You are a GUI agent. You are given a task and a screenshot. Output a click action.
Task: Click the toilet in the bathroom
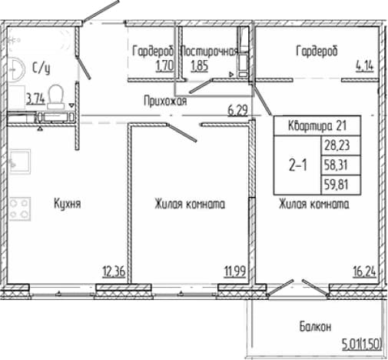pos(55,97)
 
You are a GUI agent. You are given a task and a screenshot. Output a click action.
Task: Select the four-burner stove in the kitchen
pos(20,208)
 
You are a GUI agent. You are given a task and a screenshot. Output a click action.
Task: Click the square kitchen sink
pos(20,162)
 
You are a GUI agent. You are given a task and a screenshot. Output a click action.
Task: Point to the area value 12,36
pos(114,272)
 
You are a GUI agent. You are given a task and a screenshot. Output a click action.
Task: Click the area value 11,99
pos(235,272)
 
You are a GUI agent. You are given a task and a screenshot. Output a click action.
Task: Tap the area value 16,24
pos(364,272)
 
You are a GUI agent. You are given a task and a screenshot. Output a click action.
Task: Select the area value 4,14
pos(364,66)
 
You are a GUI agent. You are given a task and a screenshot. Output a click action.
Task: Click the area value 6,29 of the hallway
pos(237,111)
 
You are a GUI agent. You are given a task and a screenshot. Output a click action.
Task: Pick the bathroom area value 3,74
pos(35,98)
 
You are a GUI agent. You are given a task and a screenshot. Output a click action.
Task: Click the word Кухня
pos(68,204)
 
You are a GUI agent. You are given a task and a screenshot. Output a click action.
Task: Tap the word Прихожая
pos(165,101)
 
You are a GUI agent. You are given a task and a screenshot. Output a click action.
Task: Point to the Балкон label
pos(315,327)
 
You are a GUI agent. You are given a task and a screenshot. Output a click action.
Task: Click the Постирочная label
pos(209,52)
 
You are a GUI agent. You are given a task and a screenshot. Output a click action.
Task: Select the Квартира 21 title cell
pos(317,125)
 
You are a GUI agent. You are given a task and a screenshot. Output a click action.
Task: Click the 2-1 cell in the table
pos(297,165)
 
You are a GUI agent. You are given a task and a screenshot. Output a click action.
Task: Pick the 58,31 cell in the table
pos(341,165)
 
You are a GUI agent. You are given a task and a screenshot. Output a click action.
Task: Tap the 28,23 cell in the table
pos(341,145)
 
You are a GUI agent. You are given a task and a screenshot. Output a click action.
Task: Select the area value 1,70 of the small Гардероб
pos(164,66)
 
